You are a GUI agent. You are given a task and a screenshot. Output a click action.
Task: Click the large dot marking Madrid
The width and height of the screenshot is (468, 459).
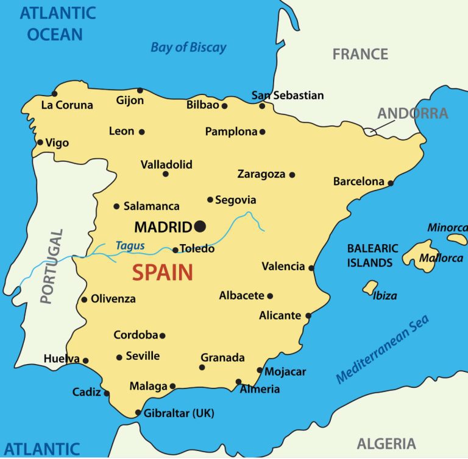[x=200, y=226]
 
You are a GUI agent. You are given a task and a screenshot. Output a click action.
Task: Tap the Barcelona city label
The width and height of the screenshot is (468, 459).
[x=359, y=181]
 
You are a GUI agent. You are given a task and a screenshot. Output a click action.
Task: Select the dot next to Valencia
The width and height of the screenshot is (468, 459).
[x=311, y=267]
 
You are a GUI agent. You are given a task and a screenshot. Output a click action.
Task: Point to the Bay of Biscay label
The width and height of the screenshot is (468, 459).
[x=188, y=47]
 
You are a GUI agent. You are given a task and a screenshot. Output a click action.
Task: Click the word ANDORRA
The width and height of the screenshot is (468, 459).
[x=413, y=113]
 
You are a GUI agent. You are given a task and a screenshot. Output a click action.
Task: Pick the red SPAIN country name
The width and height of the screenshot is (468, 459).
[x=163, y=272]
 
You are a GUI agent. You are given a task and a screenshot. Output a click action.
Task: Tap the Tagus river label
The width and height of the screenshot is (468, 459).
[x=130, y=245]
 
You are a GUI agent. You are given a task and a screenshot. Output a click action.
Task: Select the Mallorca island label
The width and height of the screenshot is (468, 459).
[x=441, y=258]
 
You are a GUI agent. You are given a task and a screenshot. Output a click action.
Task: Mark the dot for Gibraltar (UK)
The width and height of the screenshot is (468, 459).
[x=138, y=413]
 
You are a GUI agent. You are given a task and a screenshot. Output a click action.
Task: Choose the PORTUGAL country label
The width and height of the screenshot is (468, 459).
[x=52, y=266]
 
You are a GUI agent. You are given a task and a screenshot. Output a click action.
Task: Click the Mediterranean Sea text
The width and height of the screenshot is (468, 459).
[x=382, y=348]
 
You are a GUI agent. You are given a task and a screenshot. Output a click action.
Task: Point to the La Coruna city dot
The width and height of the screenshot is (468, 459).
[x=54, y=94]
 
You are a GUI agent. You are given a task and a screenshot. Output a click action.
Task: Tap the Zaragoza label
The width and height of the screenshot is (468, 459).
[x=261, y=174]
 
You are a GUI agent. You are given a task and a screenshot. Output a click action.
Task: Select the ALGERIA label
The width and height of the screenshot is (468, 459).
[x=386, y=443]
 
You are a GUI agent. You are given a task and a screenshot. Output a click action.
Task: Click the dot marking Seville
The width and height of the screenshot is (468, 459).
[x=119, y=357]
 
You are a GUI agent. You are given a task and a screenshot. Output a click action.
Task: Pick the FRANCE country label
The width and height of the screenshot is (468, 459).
[x=360, y=54]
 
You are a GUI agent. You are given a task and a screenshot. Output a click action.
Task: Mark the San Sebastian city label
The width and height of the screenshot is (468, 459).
[x=288, y=96]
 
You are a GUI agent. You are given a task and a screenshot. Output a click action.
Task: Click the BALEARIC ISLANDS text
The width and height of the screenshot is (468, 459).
[x=372, y=256]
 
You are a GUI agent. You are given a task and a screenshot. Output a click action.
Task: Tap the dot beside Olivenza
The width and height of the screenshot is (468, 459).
[x=84, y=299]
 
